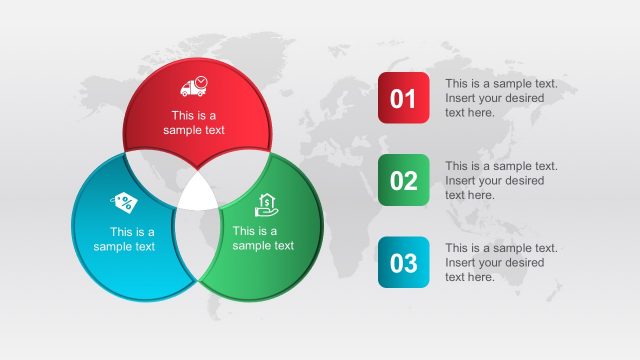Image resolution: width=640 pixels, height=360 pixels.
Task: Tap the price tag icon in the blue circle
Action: pos(124,203)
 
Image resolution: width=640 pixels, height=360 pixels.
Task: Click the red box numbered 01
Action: pos(403,98)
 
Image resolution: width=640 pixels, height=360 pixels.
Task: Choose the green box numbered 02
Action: pos(403,181)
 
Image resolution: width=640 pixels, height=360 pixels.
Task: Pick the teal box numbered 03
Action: pos(403,263)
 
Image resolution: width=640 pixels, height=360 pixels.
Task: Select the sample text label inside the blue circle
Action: pos(124,239)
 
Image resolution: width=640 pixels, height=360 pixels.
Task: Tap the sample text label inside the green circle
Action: pos(263,238)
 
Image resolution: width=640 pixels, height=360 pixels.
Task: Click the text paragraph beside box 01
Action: pos(501,98)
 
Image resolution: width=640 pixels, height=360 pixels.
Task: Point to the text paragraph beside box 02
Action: pos(501,181)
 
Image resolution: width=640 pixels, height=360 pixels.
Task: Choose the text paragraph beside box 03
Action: pos(501,263)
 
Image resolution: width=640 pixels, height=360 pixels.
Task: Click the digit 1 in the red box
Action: pos(410,98)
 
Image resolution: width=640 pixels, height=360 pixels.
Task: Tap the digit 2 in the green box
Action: pos(410,181)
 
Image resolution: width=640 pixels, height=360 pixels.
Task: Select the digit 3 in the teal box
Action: pos(410,263)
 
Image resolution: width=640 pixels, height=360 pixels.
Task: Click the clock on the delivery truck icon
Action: pos(201,81)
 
